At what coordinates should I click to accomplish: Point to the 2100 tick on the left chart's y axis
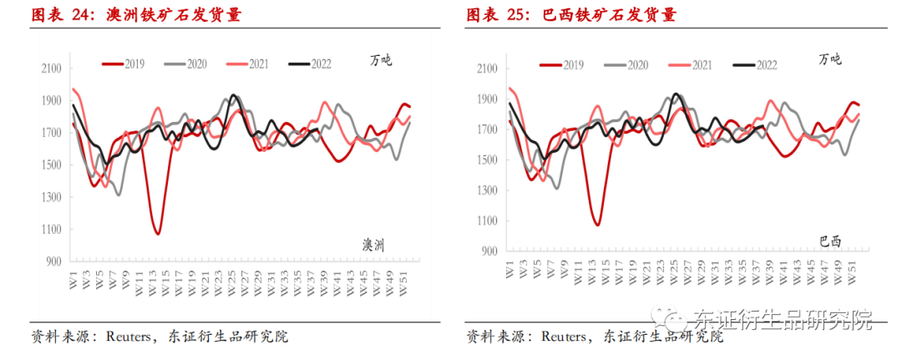(x=52, y=68)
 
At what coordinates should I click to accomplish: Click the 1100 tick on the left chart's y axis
(x=52, y=230)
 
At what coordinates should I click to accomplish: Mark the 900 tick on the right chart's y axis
(x=489, y=251)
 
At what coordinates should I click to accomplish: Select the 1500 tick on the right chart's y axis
(x=487, y=160)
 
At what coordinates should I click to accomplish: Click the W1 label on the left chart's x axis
(x=73, y=276)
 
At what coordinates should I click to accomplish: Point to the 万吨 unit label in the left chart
(x=381, y=60)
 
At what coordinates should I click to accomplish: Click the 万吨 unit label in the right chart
(x=830, y=59)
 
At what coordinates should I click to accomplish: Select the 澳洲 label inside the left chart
(x=378, y=245)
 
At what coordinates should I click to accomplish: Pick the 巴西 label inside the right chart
(x=830, y=242)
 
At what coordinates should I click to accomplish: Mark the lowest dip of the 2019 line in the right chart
(x=597, y=225)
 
